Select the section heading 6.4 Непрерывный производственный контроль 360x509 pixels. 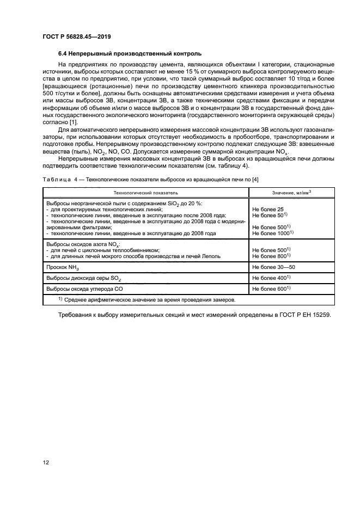click(130, 54)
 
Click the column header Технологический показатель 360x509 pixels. click(145, 193)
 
